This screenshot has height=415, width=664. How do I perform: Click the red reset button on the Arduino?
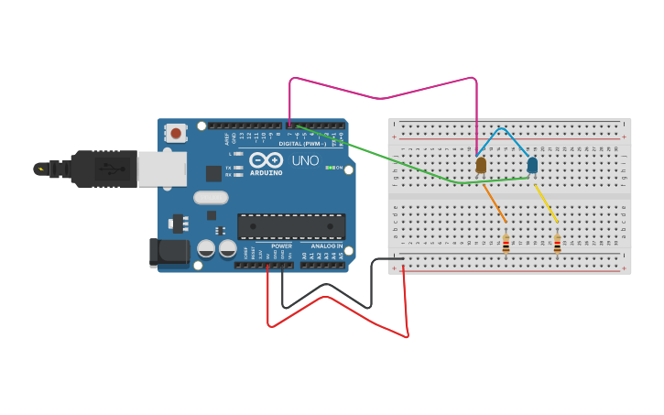pos(176,133)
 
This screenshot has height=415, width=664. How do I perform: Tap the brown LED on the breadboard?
pos(481,165)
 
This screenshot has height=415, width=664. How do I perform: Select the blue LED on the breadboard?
pos(532,165)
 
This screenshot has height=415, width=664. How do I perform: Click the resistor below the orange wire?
pos(506,244)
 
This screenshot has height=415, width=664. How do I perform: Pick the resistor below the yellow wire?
pos(557,244)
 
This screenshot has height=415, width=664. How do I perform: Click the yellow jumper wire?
pos(546,203)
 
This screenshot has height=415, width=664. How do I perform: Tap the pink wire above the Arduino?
pos(382,97)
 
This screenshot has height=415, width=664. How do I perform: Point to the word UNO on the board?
pos(305,161)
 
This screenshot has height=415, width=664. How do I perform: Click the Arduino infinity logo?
pos(266,159)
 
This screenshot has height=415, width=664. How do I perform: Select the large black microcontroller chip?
pos(291,226)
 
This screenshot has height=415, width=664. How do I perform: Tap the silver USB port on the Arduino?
pos(162,169)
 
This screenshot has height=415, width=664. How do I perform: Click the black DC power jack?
pos(169,253)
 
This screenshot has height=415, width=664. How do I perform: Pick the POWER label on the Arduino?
pos(281,246)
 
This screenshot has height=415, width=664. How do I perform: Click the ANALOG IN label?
pos(326,246)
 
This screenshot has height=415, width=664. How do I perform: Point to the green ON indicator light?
pos(328,168)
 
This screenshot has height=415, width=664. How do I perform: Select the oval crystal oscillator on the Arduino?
pos(211,197)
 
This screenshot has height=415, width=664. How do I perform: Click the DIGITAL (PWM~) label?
pos(302,144)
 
